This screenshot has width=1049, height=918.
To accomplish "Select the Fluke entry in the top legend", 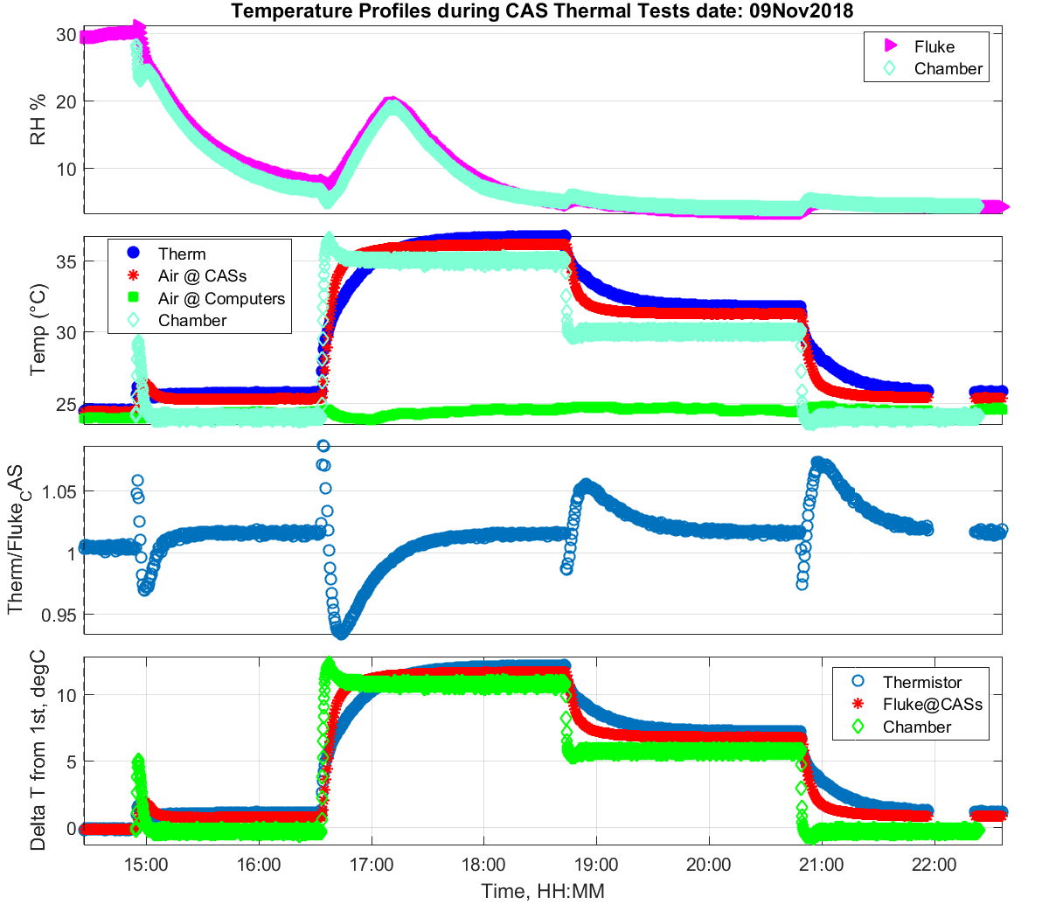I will pos(934,46).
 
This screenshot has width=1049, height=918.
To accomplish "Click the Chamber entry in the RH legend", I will pos(948,68).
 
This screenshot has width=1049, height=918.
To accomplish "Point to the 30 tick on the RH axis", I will pos(66,35).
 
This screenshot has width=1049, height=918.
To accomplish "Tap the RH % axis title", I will pos(38,120).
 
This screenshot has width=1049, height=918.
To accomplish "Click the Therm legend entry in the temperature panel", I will pos(182,254).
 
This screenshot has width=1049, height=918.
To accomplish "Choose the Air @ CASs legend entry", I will pos(202,275).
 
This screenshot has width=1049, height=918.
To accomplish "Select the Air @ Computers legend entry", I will pos(221,298).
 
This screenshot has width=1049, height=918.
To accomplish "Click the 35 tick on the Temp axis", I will pos(66,261).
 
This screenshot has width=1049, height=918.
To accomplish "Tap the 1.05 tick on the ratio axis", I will pos(59,491).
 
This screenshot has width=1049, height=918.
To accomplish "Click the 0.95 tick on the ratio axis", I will pos(59,615).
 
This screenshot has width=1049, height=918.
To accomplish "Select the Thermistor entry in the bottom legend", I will pos(921,682).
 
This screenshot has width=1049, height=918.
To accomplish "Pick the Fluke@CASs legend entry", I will pos(932,704).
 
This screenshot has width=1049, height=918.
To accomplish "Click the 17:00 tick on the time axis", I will pos(372,865).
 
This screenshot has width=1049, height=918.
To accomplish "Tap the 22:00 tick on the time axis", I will pos(934,865).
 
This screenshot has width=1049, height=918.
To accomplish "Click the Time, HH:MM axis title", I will pos(543,891).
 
